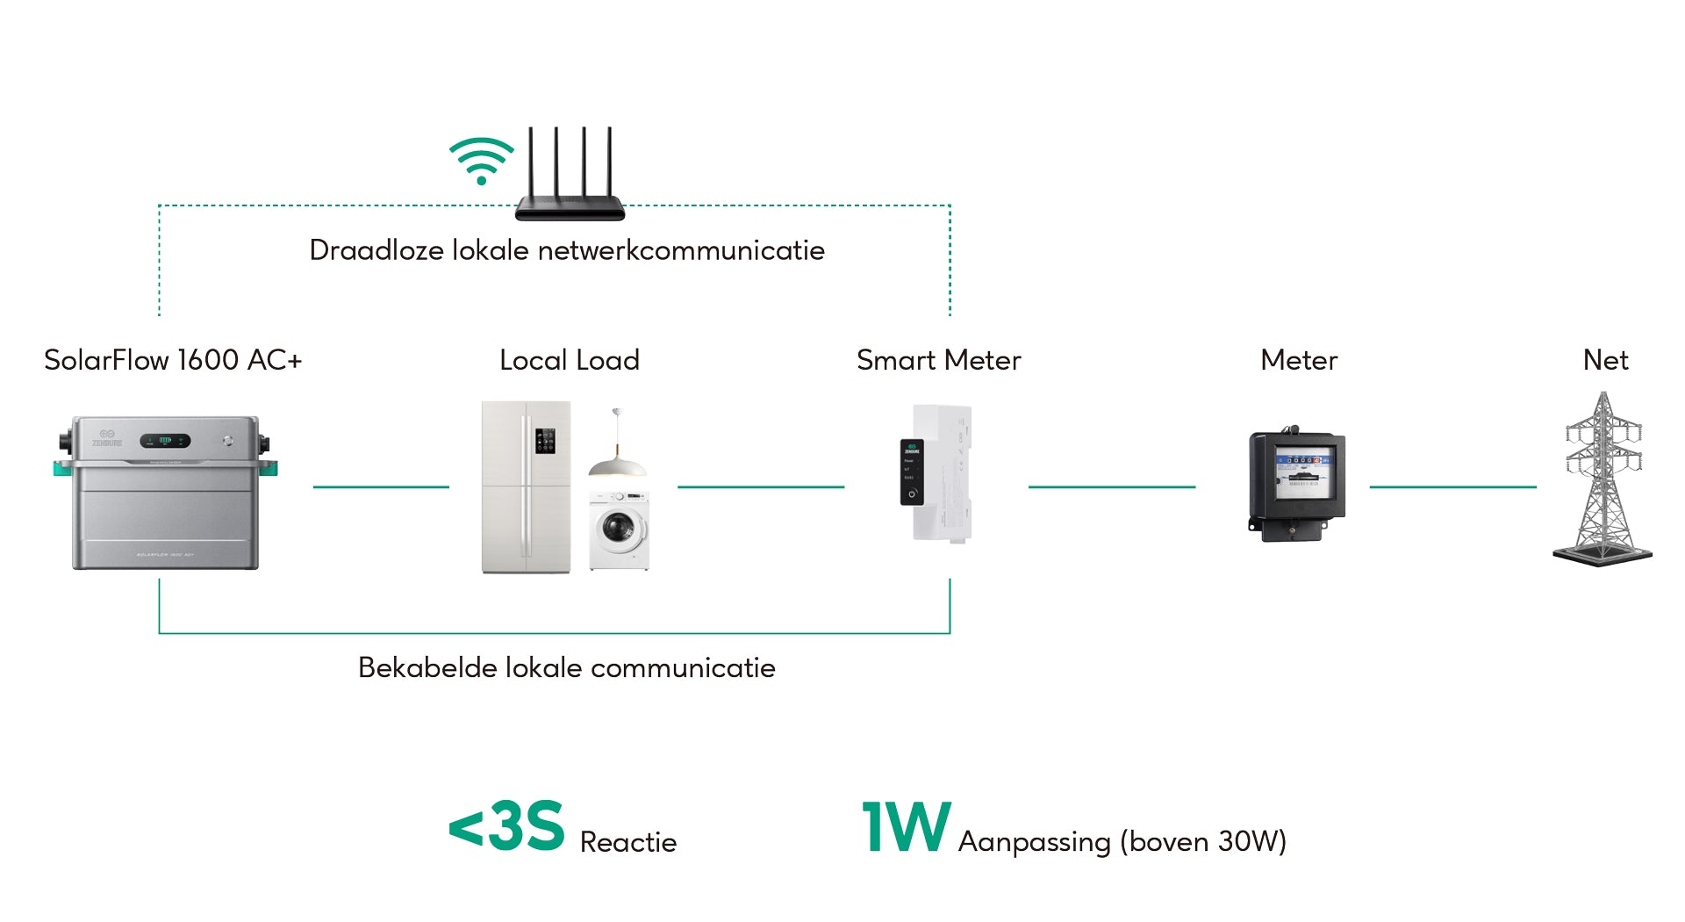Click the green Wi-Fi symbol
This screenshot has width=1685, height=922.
click(x=481, y=161)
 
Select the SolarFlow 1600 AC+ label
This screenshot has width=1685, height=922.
click(x=173, y=360)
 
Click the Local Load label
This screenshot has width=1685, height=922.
click(x=569, y=360)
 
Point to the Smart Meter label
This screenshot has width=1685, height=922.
click(x=938, y=360)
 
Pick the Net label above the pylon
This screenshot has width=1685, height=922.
click(x=1605, y=360)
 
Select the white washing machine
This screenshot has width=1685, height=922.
click(x=619, y=530)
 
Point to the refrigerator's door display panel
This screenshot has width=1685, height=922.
click(x=545, y=441)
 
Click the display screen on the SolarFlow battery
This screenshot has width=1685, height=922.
click(x=165, y=441)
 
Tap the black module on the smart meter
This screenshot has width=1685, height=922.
click(x=912, y=472)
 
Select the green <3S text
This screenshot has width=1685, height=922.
click(x=506, y=826)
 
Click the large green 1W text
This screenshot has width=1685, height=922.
click(x=906, y=826)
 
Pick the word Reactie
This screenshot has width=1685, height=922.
click(x=628, y=842)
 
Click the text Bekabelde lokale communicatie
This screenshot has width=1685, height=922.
click(x=566, y=667)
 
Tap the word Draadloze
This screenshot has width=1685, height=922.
click(x=376, y=250)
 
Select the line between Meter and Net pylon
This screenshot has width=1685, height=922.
click(x=1452, y=486)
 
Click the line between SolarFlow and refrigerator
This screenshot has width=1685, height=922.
click(x=381, y=486)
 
